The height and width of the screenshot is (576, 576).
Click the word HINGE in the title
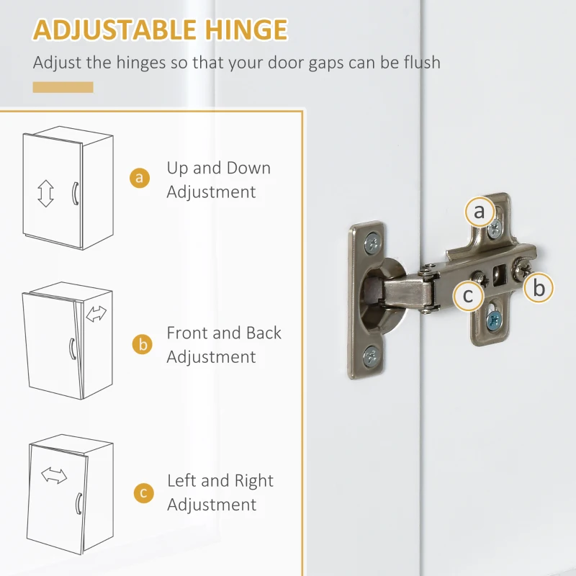click(246, 30)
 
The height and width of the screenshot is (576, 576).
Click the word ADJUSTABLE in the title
click(114, 30)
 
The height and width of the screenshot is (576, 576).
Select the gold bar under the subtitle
click(63, 87)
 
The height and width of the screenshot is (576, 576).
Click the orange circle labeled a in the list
click(140, 178)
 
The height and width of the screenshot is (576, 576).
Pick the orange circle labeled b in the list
click(142, 345)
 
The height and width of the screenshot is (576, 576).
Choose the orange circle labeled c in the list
click(143, 493)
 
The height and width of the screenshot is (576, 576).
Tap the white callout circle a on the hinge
click(480, 211)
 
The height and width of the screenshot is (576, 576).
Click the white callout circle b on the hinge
click(539, 287)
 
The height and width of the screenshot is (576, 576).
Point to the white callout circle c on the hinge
click(468, 295)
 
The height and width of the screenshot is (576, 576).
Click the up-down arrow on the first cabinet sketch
click(45, 193)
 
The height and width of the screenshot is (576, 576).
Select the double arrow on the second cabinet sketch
click(96, 314)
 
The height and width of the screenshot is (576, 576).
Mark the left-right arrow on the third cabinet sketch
click(54, 475)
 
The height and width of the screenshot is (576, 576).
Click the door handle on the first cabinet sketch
click(75, 193)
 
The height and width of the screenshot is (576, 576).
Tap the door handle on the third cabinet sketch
click(78, 503)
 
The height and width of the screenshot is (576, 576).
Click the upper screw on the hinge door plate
click(372, 243)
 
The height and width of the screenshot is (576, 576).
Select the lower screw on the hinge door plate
click(371, 356)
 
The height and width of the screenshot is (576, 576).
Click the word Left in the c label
click(182, 480)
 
